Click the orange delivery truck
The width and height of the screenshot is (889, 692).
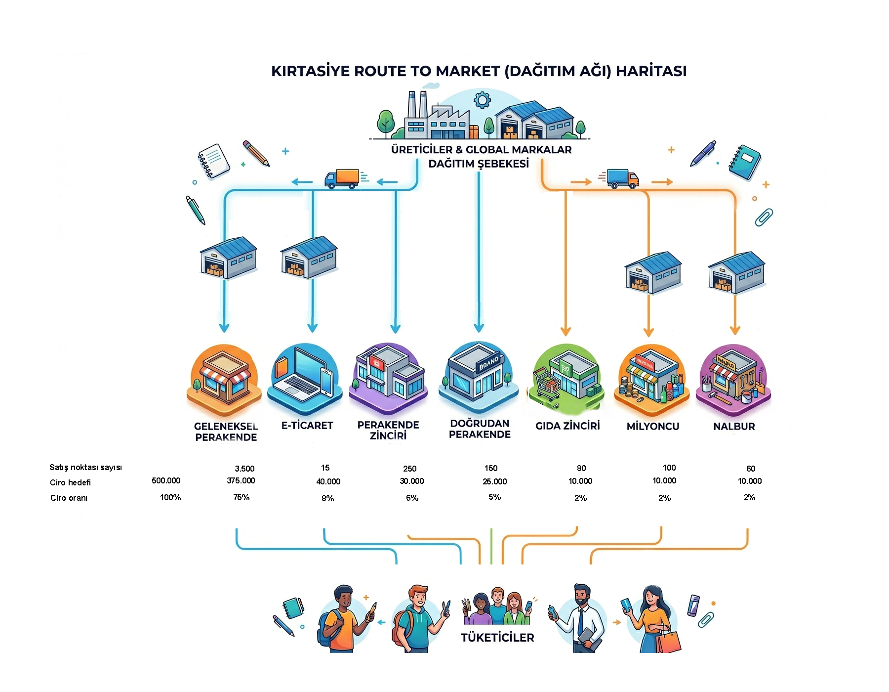tap(341, 179)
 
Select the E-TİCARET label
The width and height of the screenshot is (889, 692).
tap(307, 426)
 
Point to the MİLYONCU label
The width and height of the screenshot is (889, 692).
tap(653, 427)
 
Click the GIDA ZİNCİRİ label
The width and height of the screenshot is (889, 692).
tap(568, 426)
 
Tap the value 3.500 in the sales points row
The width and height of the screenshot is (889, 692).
tap(244, 469)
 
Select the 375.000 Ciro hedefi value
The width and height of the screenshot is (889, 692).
tap(241, 480)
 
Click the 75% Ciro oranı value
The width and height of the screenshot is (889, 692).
tap(242, 497)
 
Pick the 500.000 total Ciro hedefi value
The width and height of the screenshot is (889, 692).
tap(166, 480)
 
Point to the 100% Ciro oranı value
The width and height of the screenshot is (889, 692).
tap(170, 497)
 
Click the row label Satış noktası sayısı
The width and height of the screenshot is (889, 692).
tap(85, 468)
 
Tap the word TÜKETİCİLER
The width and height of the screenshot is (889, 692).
tap(498, 638)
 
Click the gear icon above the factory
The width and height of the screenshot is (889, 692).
tap(482, 100)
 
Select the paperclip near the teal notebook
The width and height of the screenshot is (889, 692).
tap(764, 217)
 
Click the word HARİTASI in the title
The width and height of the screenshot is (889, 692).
tap(651, 71)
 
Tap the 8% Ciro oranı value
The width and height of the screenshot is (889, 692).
tap(328, 498)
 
